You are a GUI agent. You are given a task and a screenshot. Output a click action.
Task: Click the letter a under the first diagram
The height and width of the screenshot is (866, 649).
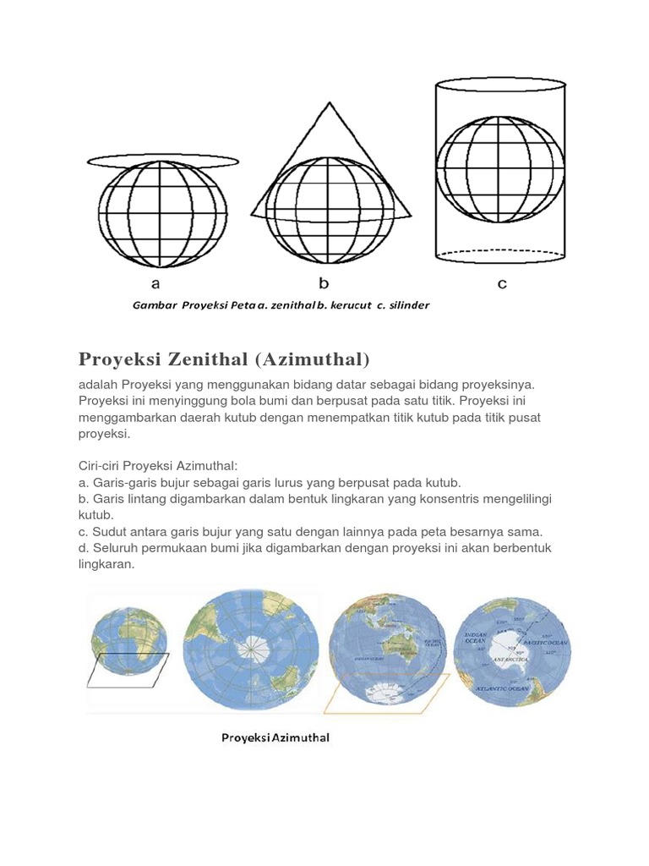coord(155,284)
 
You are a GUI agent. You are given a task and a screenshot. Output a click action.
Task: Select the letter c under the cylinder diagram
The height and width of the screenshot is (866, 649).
coord(502,284)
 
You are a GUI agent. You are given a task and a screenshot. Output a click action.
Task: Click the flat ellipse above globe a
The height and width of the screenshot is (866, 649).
coord(161,161)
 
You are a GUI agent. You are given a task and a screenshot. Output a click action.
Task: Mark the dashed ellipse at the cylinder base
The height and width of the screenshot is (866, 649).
coord(499,252)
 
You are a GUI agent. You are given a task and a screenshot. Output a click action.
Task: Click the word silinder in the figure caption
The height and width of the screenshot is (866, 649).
coord(406,305)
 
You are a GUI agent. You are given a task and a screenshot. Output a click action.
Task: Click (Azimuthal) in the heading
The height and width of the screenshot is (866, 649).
coord(312,359)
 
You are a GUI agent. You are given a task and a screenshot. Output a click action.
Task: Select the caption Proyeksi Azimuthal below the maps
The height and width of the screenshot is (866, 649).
coord(275,737)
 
